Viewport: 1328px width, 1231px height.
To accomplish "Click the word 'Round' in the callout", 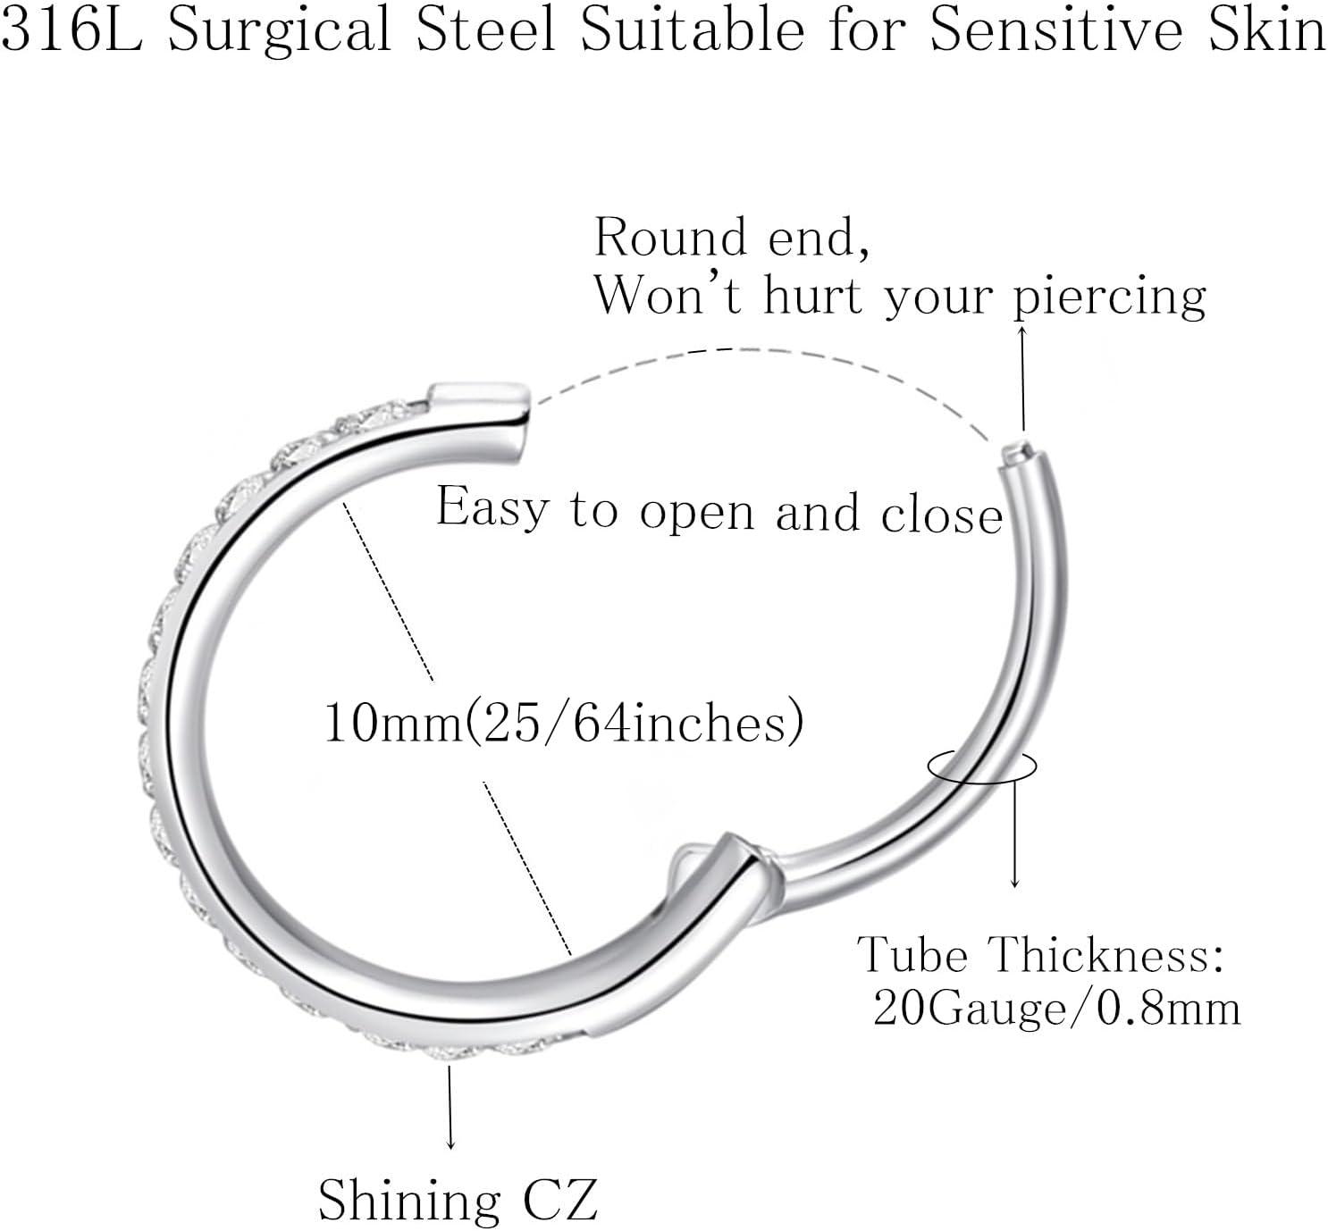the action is click(x=670, y=238).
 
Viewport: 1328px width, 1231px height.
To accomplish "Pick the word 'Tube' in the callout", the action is click(x=912, y=954).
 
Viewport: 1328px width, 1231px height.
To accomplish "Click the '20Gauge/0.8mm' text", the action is click(x=1057, y=1009).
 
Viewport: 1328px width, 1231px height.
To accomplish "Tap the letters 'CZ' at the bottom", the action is click(x=560, y=1201).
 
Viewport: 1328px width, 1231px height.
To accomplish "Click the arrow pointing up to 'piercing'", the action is click(x=1021, y=379).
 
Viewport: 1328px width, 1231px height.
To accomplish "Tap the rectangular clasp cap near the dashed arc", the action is click(x=480, y=395).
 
